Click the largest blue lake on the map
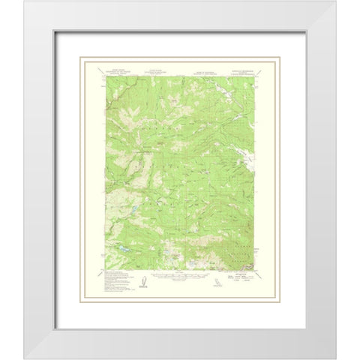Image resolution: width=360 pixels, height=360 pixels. click(120, 244)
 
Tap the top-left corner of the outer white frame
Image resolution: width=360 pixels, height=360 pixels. click(24, 1)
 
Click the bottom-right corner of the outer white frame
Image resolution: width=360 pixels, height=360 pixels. click(335, 358)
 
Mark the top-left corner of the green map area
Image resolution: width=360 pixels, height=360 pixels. click(106, 76)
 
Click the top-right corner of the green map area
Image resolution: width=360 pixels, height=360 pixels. click(254, 76)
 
